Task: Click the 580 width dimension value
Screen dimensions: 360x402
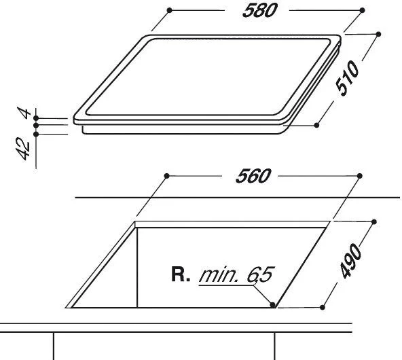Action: (260, 12)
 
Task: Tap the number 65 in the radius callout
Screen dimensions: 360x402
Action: (259, 276)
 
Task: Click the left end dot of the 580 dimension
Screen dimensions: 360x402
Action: (167, 11)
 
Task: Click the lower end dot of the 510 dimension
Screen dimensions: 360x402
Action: (318, 125)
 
